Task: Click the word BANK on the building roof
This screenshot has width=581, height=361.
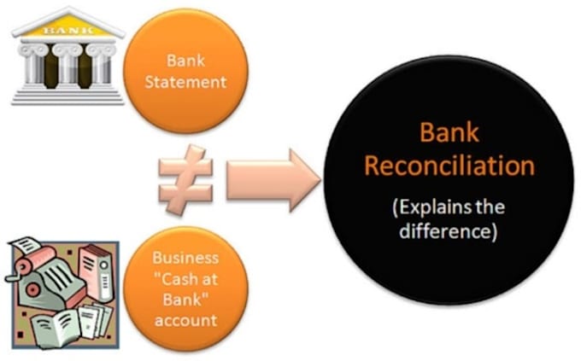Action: click(x=68, y=30)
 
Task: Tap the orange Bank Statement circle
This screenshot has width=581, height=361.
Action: click(x=185, y=71)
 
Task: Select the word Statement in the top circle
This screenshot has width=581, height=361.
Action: click(x=185, y=82)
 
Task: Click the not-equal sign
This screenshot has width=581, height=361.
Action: click(x=185, y=180)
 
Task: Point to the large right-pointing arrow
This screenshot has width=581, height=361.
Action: click(x=273, y=180)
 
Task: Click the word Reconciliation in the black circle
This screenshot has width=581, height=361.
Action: click(x=449, y=166)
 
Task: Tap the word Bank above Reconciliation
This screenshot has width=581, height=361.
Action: click(x=449, y=132)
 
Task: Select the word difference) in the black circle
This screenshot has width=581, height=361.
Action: click(x=448, y=231)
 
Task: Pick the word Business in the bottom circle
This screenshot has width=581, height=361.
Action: click(x=185, y=258)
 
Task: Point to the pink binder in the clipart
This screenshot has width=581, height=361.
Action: click(x=96, y=272)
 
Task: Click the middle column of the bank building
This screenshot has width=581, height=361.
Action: click(x=67, y=65)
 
